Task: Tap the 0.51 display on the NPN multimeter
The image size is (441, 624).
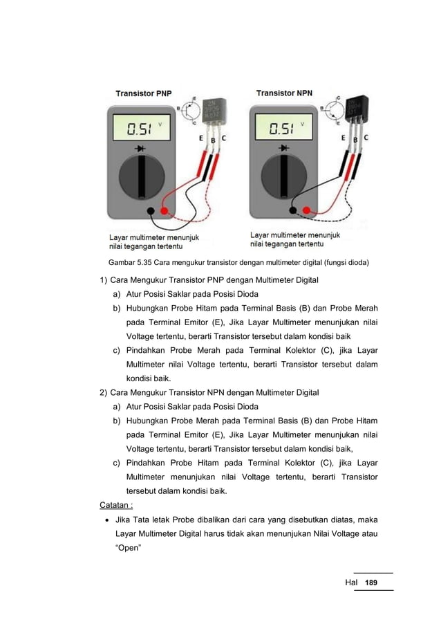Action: (285, 128)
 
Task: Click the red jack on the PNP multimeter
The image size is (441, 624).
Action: (164, 210)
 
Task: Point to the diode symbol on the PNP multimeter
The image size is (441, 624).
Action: (142, 149)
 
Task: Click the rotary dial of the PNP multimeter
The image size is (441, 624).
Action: (142, 178)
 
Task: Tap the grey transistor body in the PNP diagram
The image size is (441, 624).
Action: (214, 112)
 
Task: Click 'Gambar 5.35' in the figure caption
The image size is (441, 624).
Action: (130, 263)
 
